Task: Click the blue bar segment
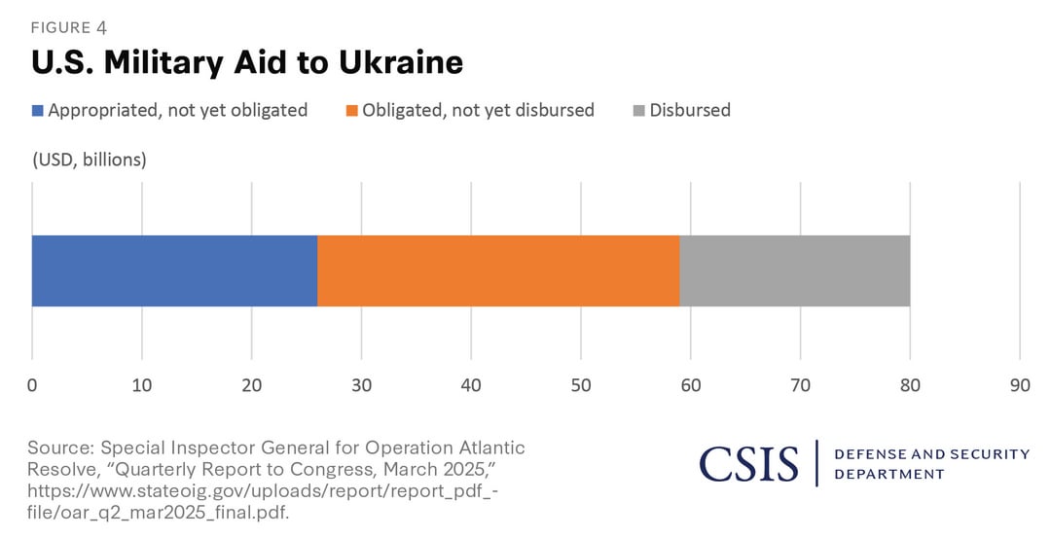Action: pyautogui.click(x=174, y=270)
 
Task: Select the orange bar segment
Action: pyautogui.click(x=498, y=270)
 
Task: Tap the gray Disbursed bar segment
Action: pyautogui.click(x=795, y=270)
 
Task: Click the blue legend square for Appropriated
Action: pyautogui.click(x=38, y=111)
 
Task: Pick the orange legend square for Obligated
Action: pyautogui.click(x=352, y=111)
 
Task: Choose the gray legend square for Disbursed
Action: pyautogui.click(x=638, y=111)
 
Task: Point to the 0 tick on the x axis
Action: pyautogui.click(x=32, y=385)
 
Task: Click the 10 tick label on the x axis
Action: pyautogui.click(x=141, y=385)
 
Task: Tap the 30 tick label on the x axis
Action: pyautogui.click(x=361, y=385)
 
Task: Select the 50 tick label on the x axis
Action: pyautogui.click(x=581, y=385)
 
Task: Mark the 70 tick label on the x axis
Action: pyautogui.click(x=800, y=385)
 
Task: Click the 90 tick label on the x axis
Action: pyautogui.click(x=1020, y=385)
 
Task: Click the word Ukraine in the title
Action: pyautogui.click(x=401, y=63)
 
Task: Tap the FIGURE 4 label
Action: pyautogui.click(x=69, y=27)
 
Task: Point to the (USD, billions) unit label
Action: pyautogui.click(x=89, y=161)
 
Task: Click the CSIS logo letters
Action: pyautogui.click(x=749, y=464)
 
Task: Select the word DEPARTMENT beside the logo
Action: pyautogui.click(x=889, y=475)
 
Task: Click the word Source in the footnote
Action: pyautogui.click(x=60, y=448)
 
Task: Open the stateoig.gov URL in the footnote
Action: pyautogui.click(x=263, y=502)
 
